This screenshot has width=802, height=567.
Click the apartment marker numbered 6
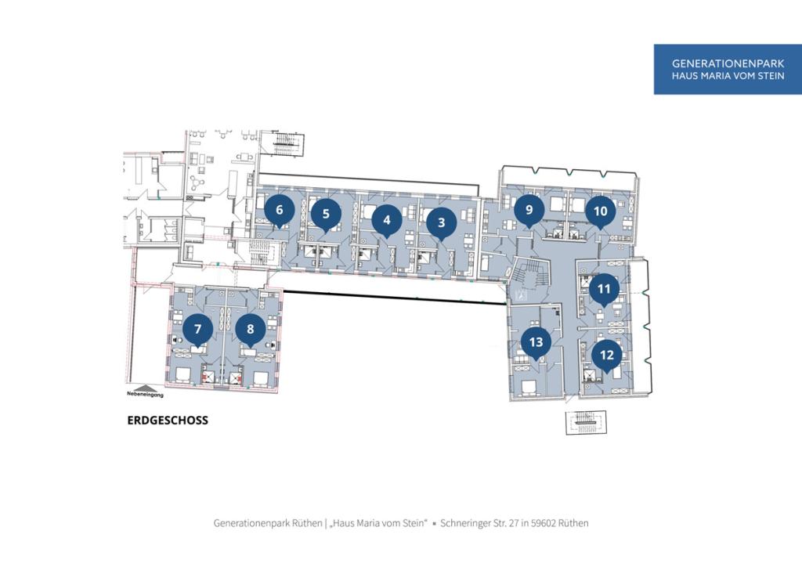tap(280, 210)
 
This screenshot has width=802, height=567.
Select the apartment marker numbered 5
tap(326, 215)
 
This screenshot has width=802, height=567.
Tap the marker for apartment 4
tap(387, 220)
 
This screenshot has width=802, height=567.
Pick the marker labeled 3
tap(442, 223)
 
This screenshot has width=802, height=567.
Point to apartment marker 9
tap(529, 210)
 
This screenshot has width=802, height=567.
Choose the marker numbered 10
tap(601, 211)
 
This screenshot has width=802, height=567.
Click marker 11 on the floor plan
tap(604, 290)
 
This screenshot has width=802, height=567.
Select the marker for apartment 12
tap(607, 356)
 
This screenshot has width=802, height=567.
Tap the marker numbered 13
tap(536, 342)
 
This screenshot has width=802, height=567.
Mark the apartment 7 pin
tap(198, 330)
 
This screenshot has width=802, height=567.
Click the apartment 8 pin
tap(250, 330)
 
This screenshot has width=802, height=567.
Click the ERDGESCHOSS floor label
tap(168, 421)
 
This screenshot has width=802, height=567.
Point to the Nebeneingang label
tap(145, 395)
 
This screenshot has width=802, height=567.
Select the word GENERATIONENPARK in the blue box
tap(728, 64)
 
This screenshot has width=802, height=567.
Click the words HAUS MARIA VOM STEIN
tap(728, 76)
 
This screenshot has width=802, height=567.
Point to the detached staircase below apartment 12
tap(586, 423)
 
